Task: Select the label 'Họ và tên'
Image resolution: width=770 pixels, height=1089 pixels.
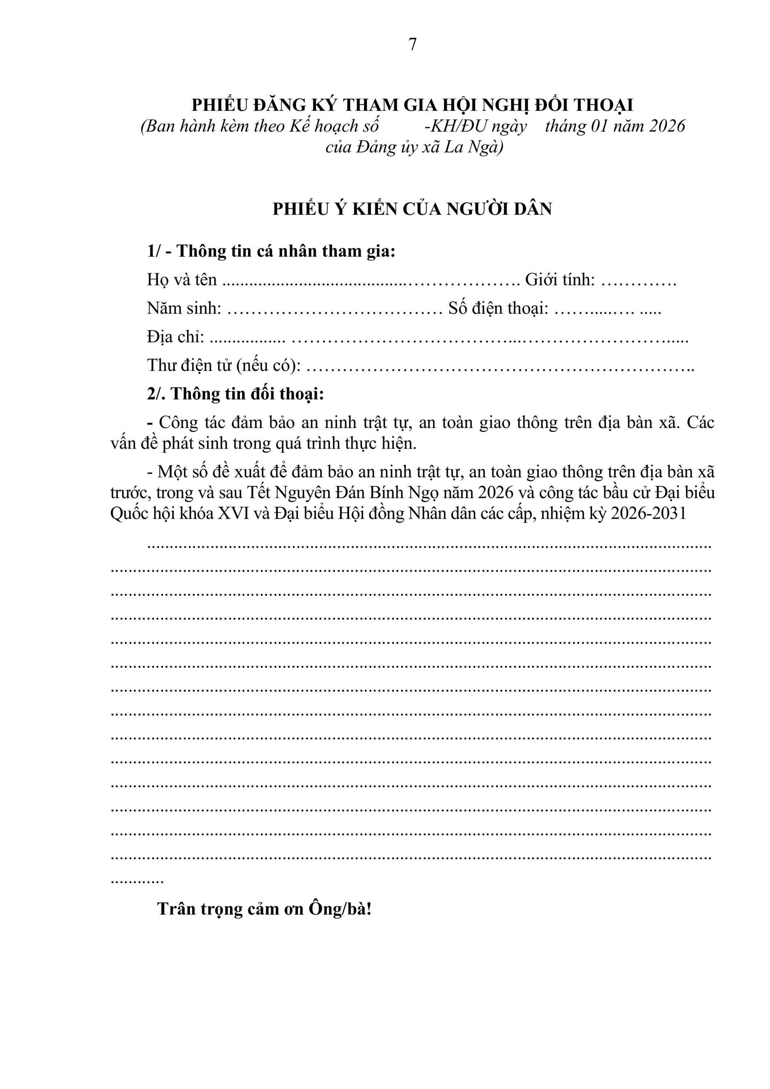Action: tap(181, 280)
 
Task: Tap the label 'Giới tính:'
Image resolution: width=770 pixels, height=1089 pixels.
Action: tap(560, 280)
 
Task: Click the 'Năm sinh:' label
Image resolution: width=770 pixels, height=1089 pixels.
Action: tap(184, 309)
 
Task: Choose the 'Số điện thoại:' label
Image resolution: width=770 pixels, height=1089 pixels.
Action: tap(498, 309)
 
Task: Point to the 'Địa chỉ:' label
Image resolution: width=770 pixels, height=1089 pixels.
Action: tap(175, 337)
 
